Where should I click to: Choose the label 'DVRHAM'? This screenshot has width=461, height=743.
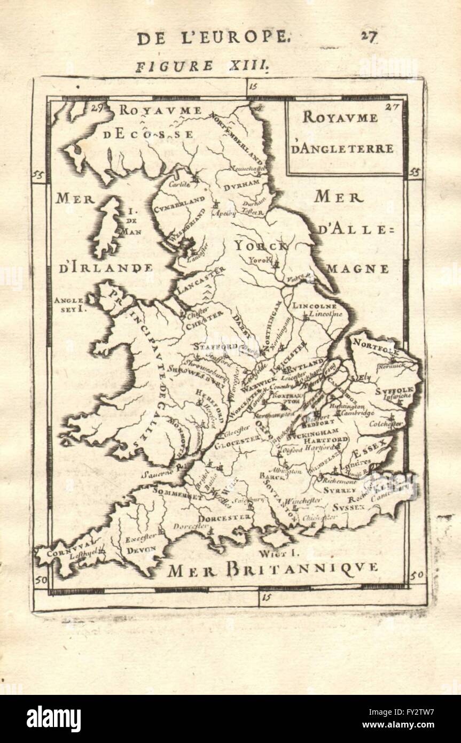click(241, 187)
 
